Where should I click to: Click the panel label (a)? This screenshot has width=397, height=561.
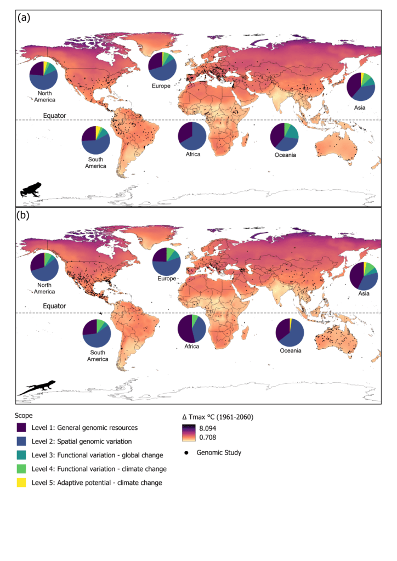point(23,18)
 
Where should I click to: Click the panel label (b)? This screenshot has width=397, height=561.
point(23,215)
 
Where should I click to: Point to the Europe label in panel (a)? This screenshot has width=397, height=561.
point(162,86)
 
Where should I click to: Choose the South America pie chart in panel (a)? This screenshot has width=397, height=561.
point(95,140)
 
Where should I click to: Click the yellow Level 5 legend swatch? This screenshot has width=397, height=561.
point(23,482)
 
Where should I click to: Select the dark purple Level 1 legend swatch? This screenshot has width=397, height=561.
point(23,427)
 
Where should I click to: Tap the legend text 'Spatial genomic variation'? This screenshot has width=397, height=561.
point(96,441)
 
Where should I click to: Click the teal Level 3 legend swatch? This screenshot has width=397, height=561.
point(23,455)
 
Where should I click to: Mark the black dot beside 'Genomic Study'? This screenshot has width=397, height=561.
point(187,453)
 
